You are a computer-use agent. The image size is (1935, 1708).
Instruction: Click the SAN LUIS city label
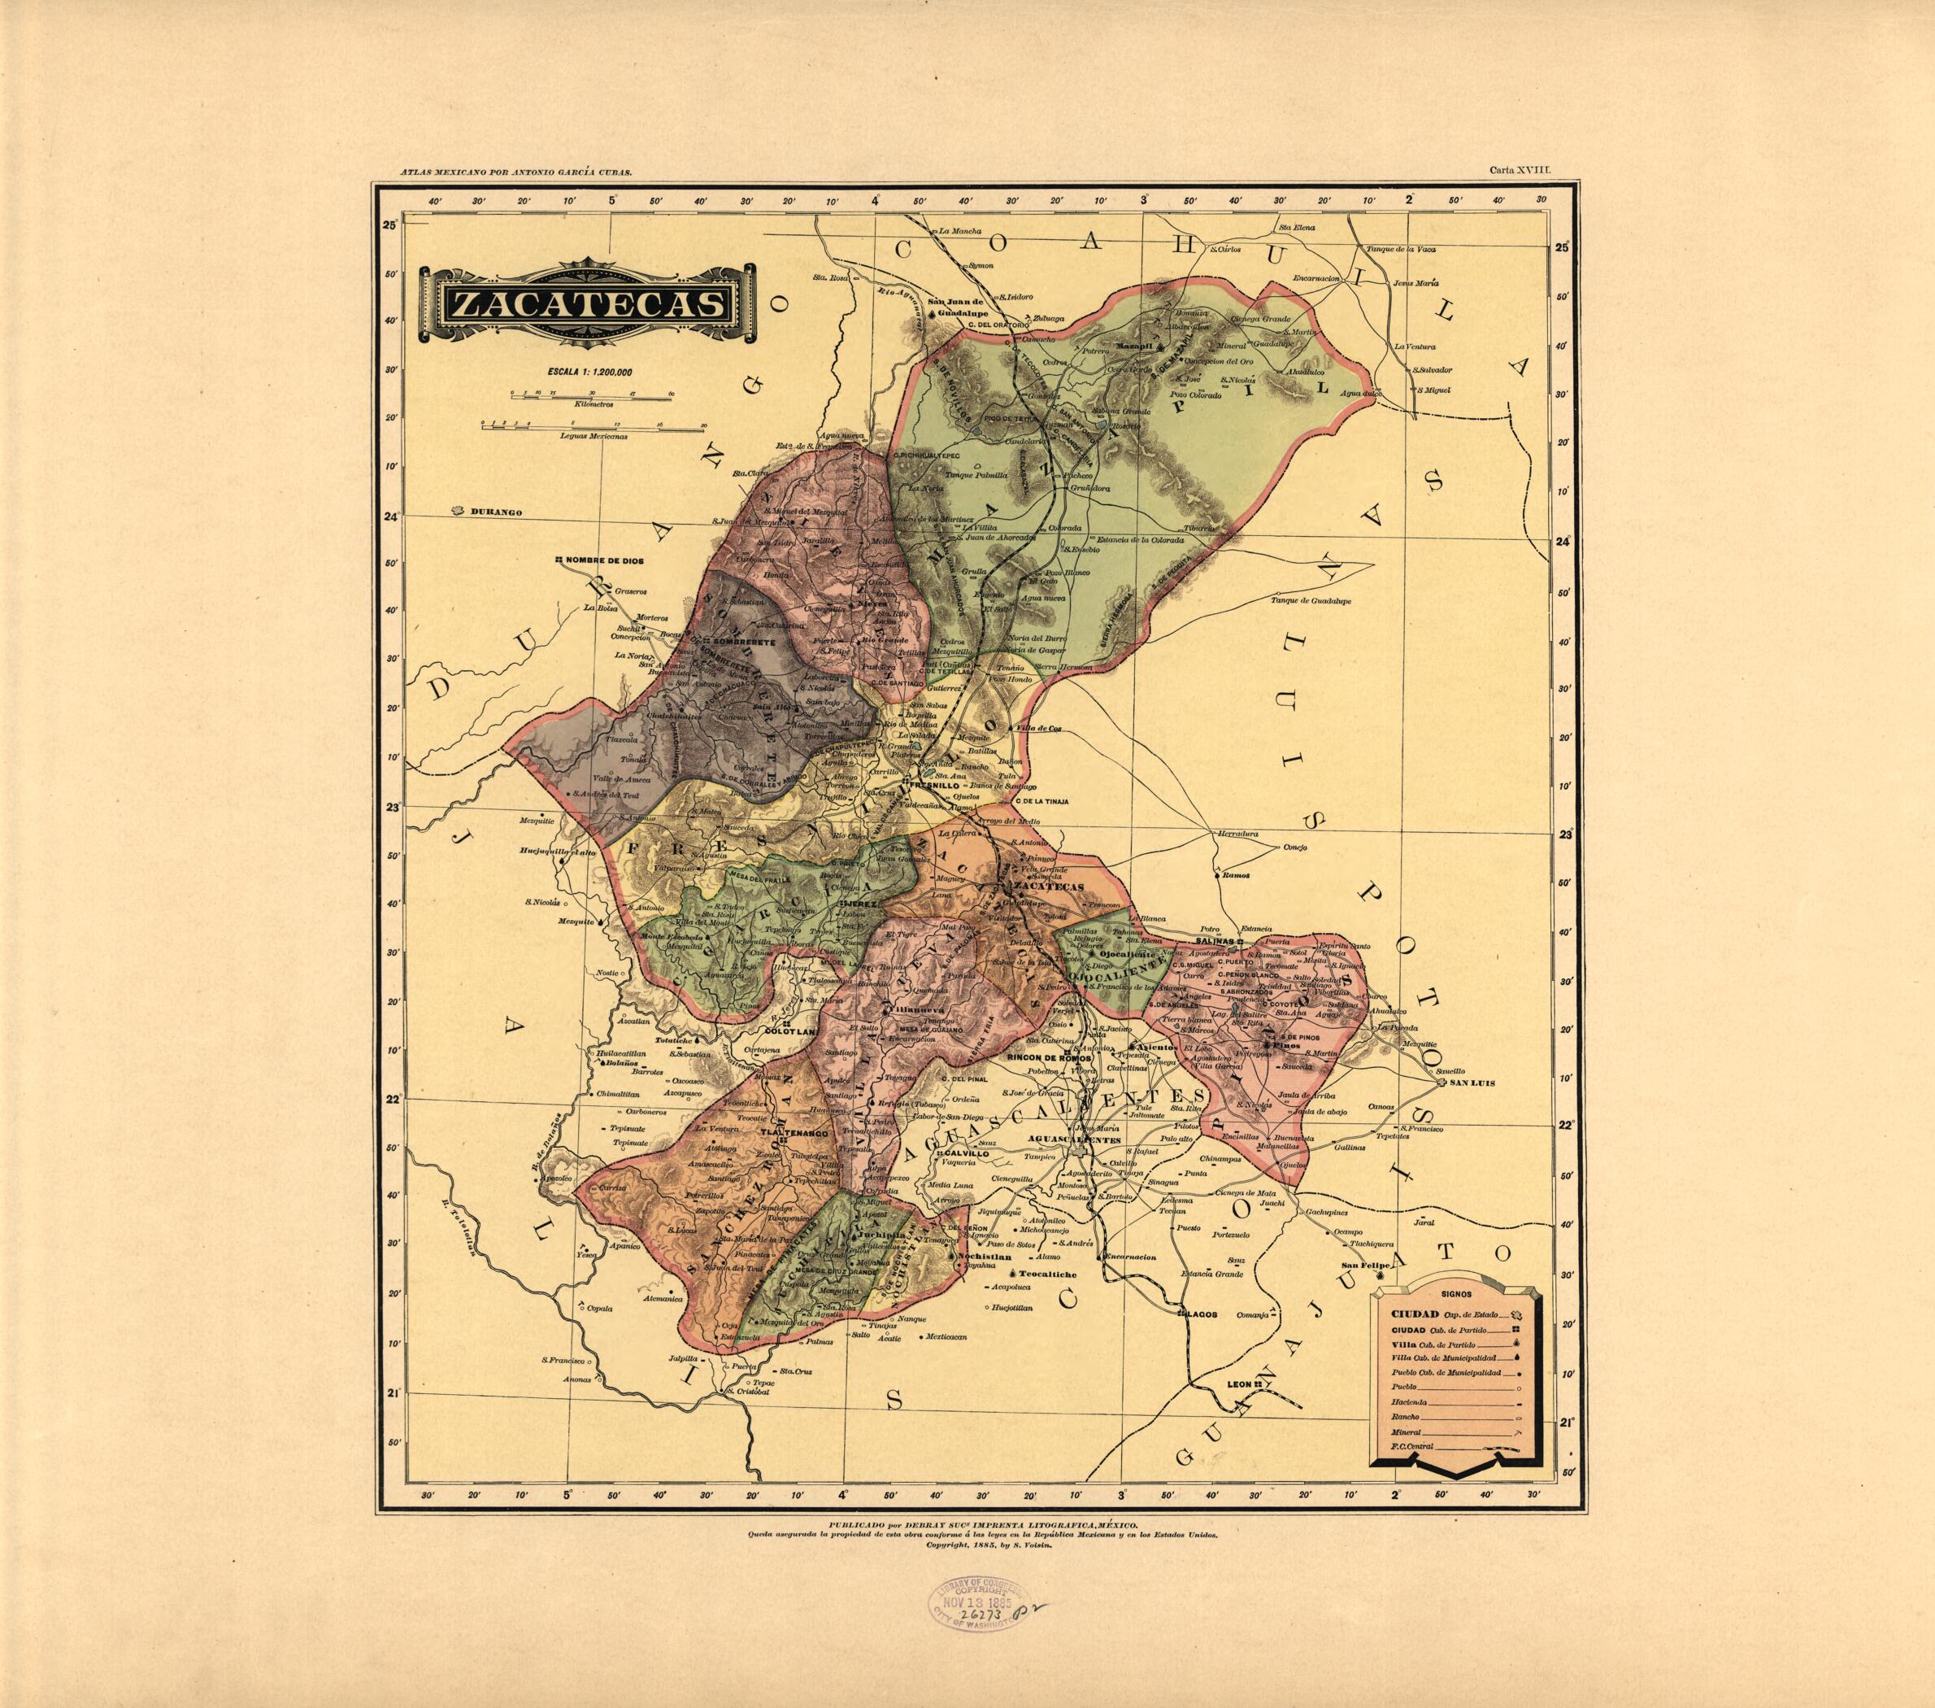tap(1473, 1083)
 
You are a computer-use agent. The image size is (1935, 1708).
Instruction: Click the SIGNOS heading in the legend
tap(1455, 1292)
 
